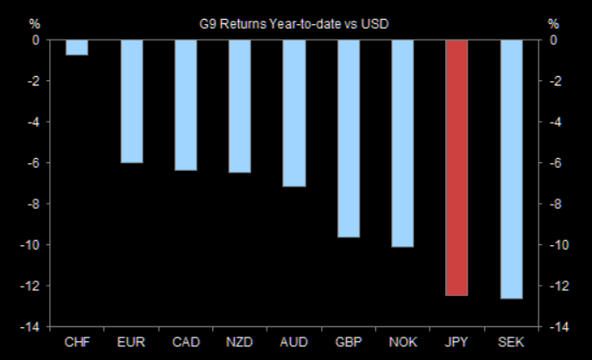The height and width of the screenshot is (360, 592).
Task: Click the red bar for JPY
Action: (456, 167)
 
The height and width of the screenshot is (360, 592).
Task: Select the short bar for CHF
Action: (77, 47)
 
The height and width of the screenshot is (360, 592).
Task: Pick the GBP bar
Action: (348, 138)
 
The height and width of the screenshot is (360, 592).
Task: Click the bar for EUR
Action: (131, 101)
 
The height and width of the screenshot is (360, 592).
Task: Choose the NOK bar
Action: (402, 143)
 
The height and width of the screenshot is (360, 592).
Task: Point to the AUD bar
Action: (293, 113)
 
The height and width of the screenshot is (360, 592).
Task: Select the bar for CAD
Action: (186, 105)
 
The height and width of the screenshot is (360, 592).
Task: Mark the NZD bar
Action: (240, 106)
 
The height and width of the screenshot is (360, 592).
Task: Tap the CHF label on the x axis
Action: (77, 343)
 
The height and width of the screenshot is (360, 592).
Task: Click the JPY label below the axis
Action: (456, 343)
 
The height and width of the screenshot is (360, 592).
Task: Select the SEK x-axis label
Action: (510, 343)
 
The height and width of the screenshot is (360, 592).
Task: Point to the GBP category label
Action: (348, 343)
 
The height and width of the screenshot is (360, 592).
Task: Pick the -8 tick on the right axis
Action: (556, 204)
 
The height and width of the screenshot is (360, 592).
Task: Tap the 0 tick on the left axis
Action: (36, 40)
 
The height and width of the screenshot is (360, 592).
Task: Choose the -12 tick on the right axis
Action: (558, 286)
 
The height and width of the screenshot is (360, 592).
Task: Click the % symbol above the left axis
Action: (35, 23)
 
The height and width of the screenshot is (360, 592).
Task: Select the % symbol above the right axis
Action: (553, 23)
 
